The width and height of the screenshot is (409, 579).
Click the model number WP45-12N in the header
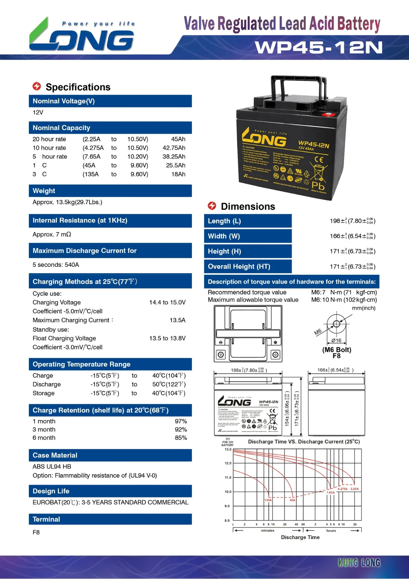tap(319, 47)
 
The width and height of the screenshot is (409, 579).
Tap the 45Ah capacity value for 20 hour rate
tap(178, 139)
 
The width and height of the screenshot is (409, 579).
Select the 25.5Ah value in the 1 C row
tap(175, 165)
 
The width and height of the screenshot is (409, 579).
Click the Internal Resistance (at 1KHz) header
tap(80, 220)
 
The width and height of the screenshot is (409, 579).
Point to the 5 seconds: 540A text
tap(56, 265)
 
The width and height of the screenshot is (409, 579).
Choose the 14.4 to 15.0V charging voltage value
tap(167, 303)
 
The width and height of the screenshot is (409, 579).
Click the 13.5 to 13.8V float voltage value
tap(167, 338)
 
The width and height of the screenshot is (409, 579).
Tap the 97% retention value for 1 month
tap(181, 421)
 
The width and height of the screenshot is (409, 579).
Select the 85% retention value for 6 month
tap(181, 438)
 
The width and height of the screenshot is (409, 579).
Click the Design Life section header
tap(51, 491)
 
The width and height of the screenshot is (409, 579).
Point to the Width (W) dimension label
tap(224, 236)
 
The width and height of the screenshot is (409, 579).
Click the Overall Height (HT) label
tap(239, 266)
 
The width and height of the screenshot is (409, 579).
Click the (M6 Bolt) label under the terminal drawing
tap(337, 350)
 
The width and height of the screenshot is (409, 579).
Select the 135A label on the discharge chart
tap(268, 500)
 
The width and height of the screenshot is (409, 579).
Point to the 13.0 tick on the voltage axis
tap(228, 449)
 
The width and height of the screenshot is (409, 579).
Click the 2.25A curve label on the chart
tap(354, 489)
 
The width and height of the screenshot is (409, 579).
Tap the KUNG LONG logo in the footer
tap(359, 562)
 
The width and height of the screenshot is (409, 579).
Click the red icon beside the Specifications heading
tap(37, 86)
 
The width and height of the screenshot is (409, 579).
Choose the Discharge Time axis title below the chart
tap(300, 537)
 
